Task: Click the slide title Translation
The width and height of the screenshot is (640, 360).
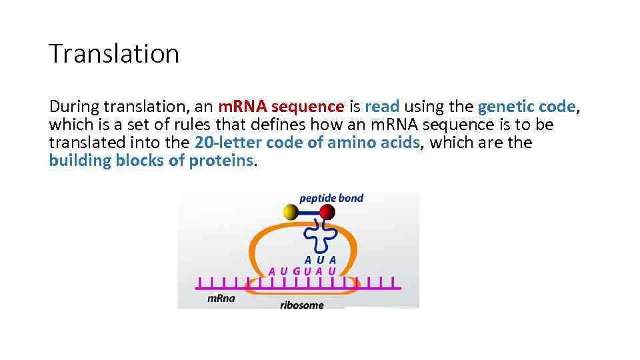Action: [114, 53]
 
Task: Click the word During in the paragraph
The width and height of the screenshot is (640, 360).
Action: [74, 107]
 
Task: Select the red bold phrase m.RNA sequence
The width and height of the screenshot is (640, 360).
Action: [281, 107]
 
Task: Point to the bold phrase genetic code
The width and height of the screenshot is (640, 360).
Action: [526, 107]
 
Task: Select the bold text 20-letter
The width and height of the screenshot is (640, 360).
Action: [228, 143]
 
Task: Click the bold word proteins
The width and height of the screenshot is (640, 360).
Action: [221, 161]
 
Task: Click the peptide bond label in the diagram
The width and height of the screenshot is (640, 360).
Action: [331, 198]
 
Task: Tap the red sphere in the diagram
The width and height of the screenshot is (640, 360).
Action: [327, 212]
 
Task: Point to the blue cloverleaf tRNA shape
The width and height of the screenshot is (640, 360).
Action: [319, 235]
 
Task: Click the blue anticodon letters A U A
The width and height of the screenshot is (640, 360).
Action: [320, 260]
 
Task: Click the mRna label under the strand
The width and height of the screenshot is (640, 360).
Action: [221, 298]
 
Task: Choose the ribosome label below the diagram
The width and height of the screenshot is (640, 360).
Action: [301, 305]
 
